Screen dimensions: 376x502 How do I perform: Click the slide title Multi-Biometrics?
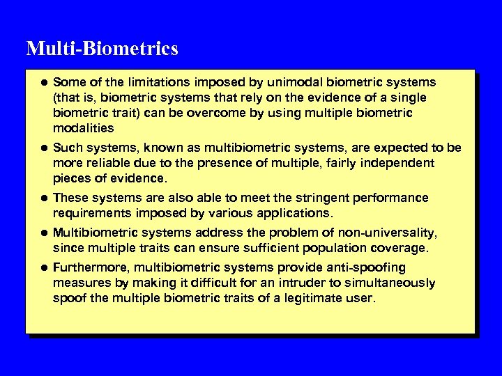click(102, 49)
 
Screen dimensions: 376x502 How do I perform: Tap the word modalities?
click(83, 128)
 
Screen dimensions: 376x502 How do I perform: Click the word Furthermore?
click(91, 267)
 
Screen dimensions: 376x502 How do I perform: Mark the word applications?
click(300, 213)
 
